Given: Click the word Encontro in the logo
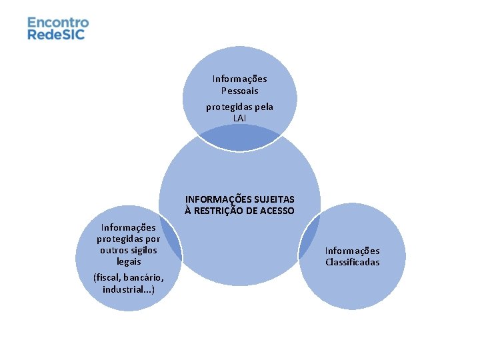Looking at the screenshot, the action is (x=58, y=22).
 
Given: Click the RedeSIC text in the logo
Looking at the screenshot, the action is (x=57, y=34).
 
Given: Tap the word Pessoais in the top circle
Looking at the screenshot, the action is (x=239, y=91).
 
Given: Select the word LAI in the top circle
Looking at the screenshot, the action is (x=239, y=118).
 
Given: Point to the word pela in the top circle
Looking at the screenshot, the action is (x=261, y=107).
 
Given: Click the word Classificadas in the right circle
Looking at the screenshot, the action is (x=353, y=262).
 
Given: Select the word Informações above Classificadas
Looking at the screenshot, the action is (x=353, y=251).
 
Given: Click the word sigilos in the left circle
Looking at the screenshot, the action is (x=143, y=250).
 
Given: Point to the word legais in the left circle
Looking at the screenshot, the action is (x=129, y=261).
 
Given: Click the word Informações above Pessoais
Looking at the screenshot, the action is (x=239, y=79).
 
